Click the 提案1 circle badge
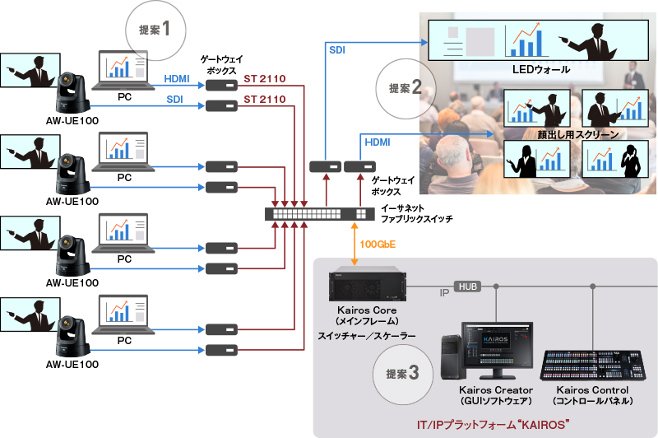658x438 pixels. tap(154, 30)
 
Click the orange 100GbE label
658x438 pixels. tap(377, 245)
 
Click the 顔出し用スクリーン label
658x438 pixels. tap(567, 134)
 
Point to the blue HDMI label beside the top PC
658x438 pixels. tap(176, 79)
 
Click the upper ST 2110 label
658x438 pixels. tap(264, 79)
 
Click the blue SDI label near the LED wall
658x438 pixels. tap(337, 51)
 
